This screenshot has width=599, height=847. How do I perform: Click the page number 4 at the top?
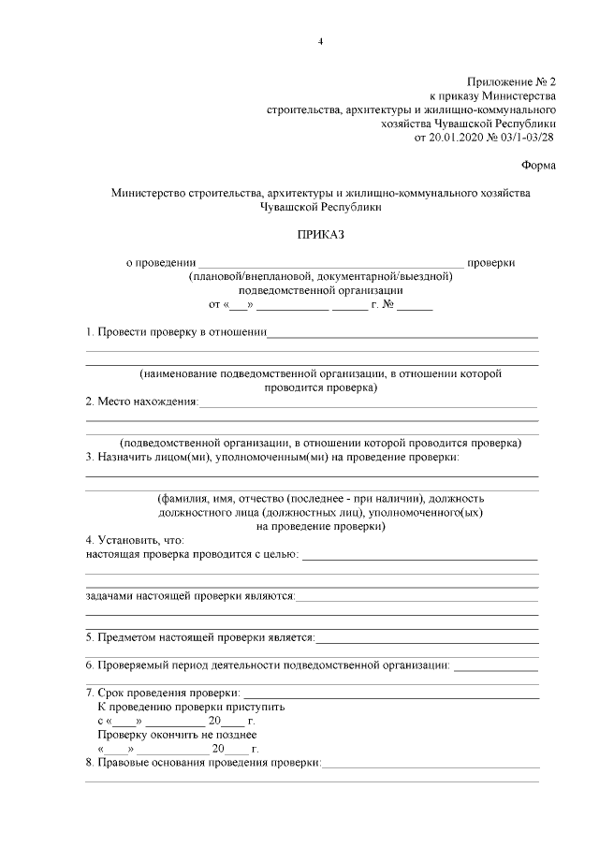pos(320,42)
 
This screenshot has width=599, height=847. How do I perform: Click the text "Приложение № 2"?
pos(512,82)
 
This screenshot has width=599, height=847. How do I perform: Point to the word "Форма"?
pos(538,167)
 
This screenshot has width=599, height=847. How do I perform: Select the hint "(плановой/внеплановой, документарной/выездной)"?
pos(320,277)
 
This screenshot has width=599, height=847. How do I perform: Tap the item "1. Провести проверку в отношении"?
pos(176,332)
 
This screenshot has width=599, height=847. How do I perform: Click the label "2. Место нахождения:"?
pos(141,402)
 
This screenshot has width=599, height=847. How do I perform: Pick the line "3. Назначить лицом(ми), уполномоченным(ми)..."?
pos(271,457)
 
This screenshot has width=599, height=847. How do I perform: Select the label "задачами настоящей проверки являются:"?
pos(190,595)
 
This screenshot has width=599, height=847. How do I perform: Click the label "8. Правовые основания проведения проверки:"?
pos(202,763)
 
